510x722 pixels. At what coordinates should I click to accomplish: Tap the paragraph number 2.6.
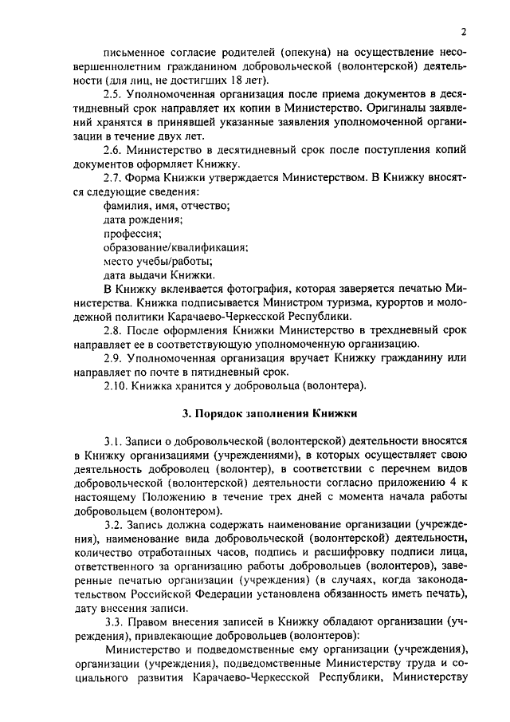116,150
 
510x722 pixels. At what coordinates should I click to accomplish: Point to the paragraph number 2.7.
116,177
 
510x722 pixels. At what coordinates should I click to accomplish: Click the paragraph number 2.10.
119,385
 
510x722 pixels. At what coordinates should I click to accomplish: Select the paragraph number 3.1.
116,440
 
